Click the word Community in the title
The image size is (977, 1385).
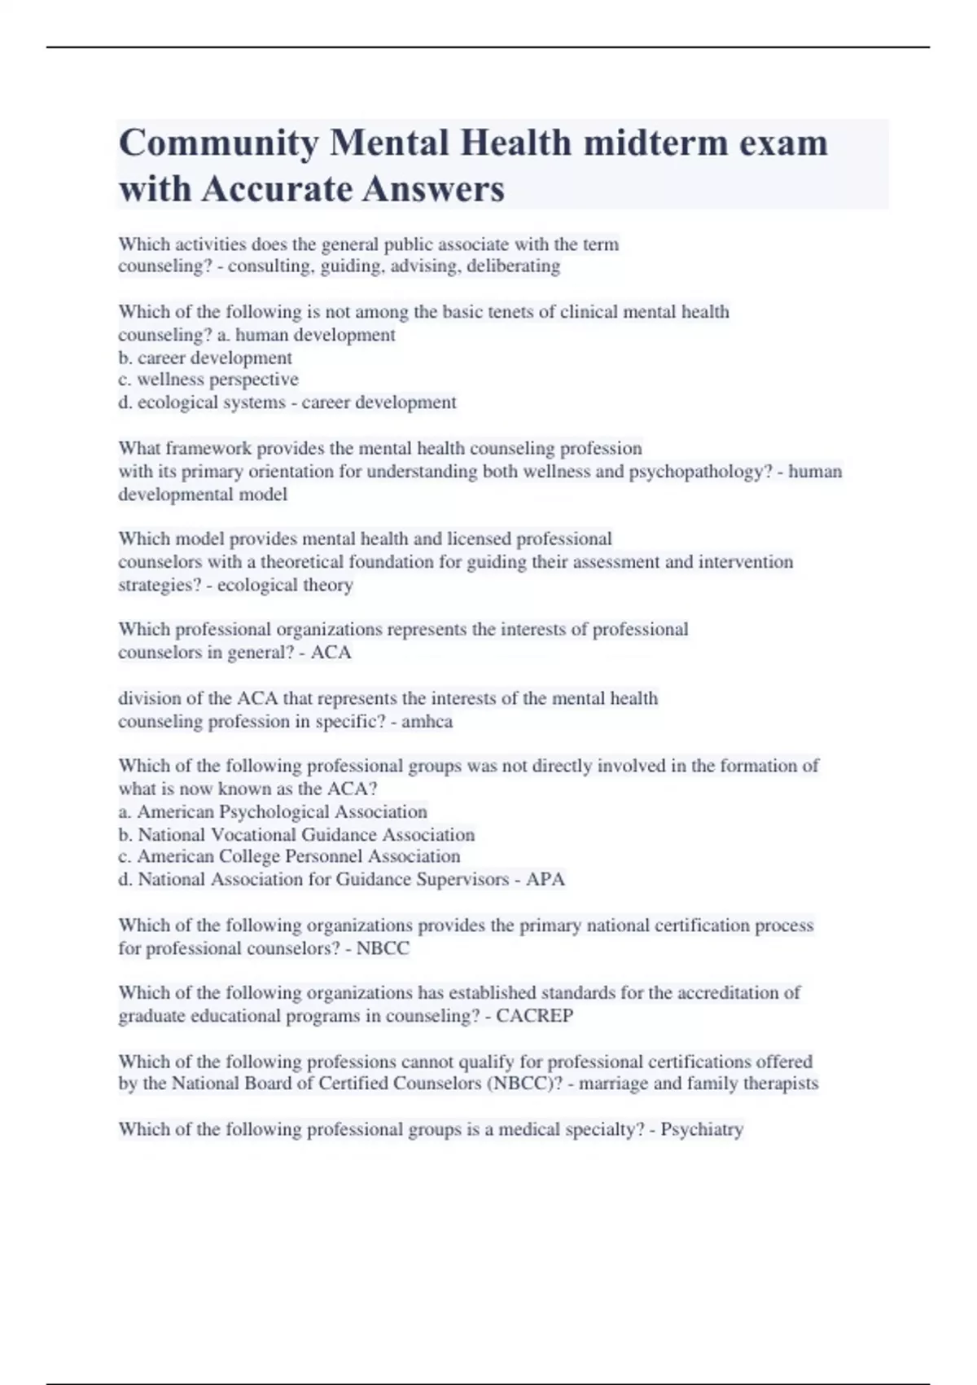tap(218, 143)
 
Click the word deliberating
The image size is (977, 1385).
tap(513, 266)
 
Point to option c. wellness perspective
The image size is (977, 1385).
tap(208, 380)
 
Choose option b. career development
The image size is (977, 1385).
tap(205, 358)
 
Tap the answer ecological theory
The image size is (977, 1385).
tap(285, 585)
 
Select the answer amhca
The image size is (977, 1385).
tap(427, 722)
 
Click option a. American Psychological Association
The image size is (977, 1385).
tap(273, 812)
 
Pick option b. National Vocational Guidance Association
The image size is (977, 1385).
tap(296, 835)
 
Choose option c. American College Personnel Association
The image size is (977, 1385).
tap(289, 857)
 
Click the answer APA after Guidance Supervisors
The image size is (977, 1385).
tap(545, 880)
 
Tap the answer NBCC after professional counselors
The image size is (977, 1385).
tap(383, 949)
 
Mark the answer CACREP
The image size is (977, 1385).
tap(535, 1016)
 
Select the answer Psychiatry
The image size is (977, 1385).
tap(702, 1130)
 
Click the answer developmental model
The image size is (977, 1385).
tap(203, 495)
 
